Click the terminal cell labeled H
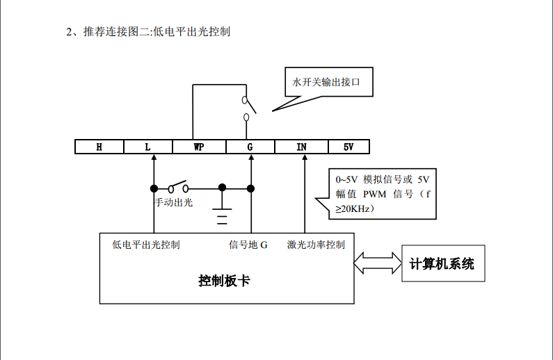[99, 147]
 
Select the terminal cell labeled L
[148, 147]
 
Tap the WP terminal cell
[199, 147]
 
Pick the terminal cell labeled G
[250, 147]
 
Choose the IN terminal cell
[301, 147]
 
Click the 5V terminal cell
[348, 147]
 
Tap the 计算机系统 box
[442, 263]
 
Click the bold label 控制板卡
[224, 281]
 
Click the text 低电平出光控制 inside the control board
[146, 245]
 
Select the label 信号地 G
[248, 245]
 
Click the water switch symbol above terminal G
[248, 108]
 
